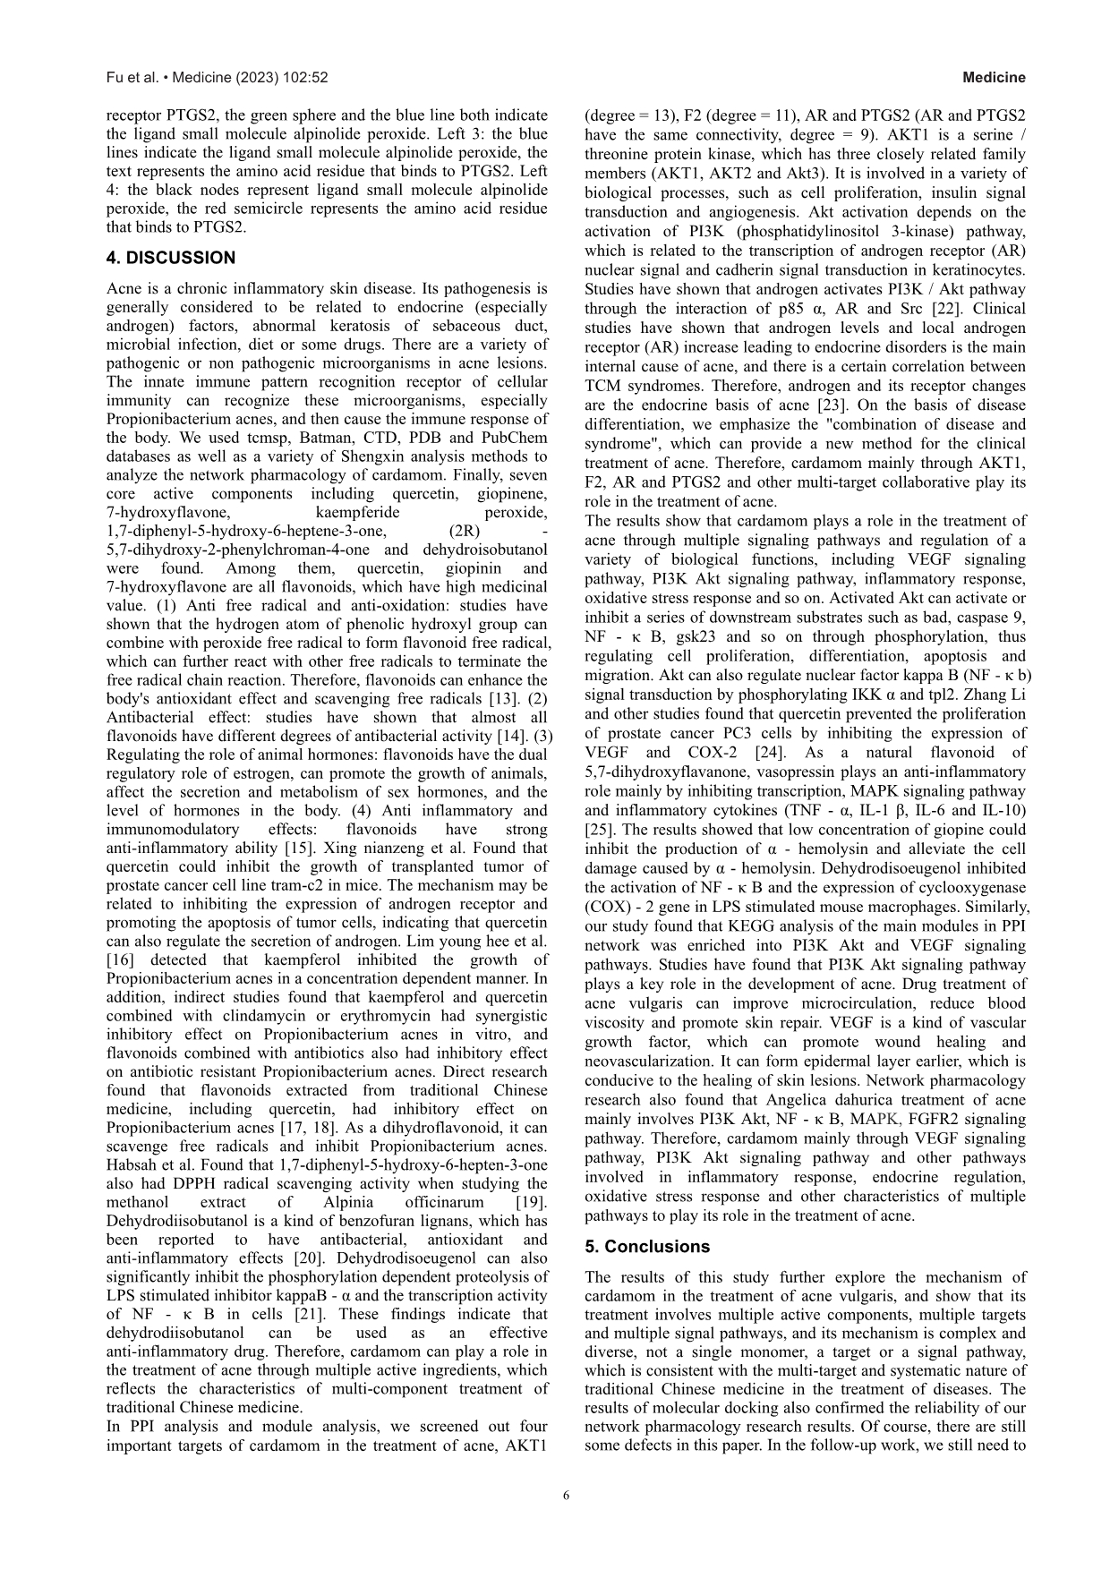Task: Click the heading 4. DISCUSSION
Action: [171, 259]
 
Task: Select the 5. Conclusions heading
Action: [647, 1247]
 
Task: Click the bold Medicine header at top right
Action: [994, 78]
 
